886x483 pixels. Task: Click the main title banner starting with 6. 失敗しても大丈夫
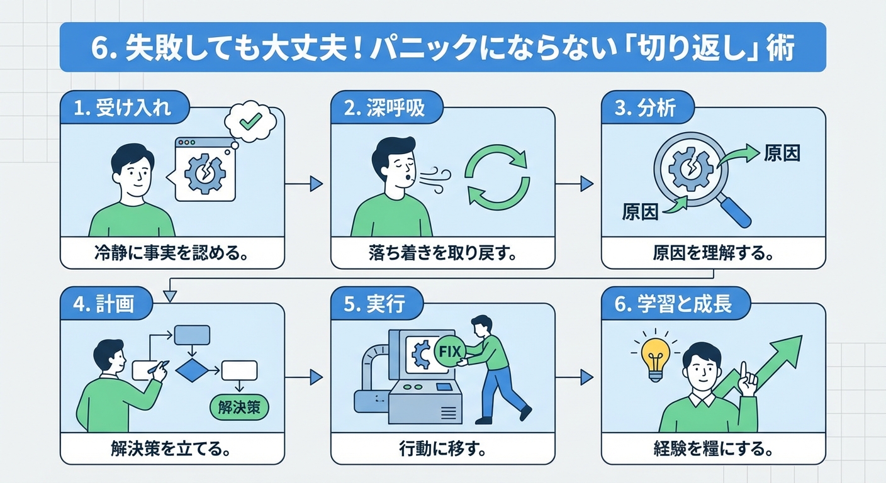pyautogui.click(x=442, y=48)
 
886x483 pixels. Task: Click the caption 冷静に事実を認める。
pyautogui.click(x=172, y=254)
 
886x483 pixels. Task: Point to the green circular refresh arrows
pyautogui.click(x=496, y=176)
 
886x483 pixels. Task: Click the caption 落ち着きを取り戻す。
pyautogui.click(x=442, y=254)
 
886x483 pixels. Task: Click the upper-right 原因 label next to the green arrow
pyautogui.click(x=782, y=153)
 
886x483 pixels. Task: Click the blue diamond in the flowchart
pyautogui.click(x=191, y=371)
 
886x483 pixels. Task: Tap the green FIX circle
pyautogui.click(x=447, y=350)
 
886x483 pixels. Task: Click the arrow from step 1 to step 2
pyautogui.click(x=304, y=184)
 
